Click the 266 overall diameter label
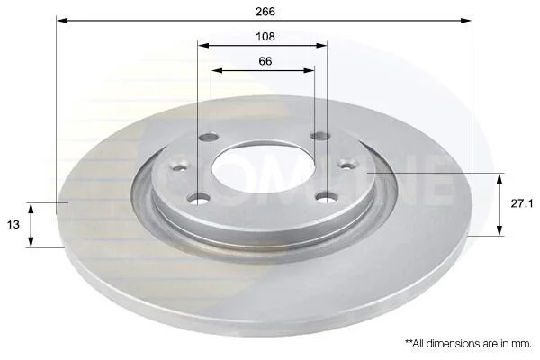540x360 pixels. pyautogui.click(x=265, y=12)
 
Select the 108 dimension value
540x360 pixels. pyautogui.click(x=265, y=37)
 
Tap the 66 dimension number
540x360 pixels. pyautogui.click(x=265, y=61)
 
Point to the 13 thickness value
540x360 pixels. pyautogui.click(x=13, y=225)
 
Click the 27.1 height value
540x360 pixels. pyautogui.click(x=522, y=204)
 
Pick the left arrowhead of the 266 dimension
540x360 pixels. pyautogui.click(x=62, y=21)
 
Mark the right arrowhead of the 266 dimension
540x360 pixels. pyautogui.click(x=466, y=21)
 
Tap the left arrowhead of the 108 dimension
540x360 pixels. pyautogui.click(x=204, y=46)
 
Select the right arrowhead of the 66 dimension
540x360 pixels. pyautogui.click(x=309, y=70)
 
